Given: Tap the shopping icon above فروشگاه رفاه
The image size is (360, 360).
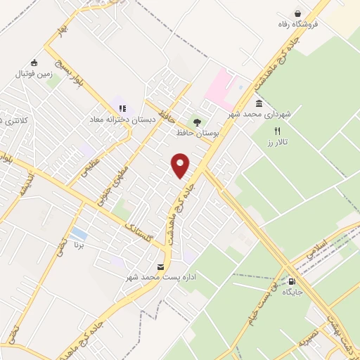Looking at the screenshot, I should (298, 13).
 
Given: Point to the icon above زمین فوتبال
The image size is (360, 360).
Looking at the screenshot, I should (33, 62).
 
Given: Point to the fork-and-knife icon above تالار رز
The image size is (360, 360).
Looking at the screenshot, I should (277, 131).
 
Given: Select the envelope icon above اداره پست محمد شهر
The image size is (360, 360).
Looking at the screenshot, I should (162, 266).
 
